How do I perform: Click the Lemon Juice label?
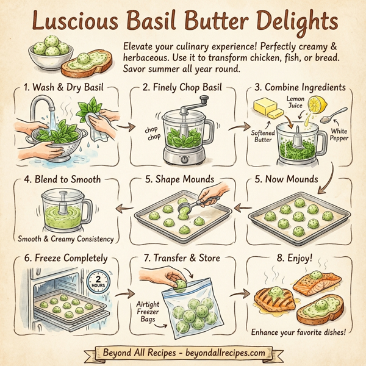(x=295, y=101)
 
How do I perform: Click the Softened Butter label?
(x=264, y=135)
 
